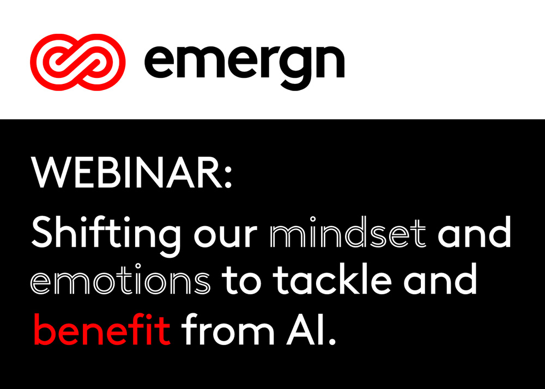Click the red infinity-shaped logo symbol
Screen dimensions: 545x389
coord(78,62)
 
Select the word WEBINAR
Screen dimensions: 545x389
coord(127,173)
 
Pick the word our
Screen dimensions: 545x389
coord(226,236)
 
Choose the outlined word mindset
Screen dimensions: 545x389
coord(348,232)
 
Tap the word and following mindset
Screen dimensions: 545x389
coord(475,232)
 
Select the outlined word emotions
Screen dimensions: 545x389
coord(120,278)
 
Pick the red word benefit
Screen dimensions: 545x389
coord(102,329)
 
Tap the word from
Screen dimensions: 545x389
coord(228,329)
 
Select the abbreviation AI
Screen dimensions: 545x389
coord(302,330)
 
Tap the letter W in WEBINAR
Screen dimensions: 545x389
coord(51,173)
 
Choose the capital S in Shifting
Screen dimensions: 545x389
coord(44,232)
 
